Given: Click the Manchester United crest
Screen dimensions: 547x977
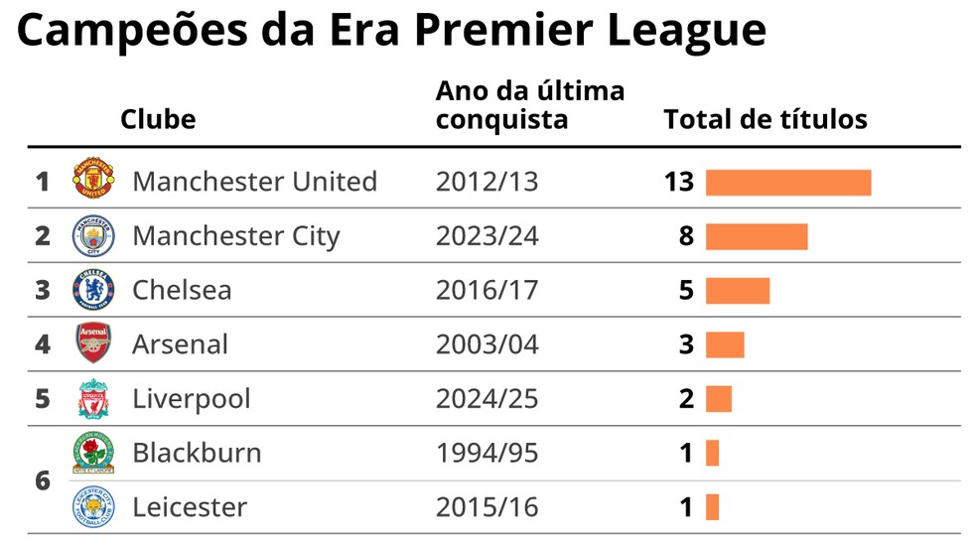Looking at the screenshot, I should (x=94, y=181).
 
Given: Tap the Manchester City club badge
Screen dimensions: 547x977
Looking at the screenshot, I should (x=94, y=235).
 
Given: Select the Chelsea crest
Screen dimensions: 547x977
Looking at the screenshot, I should (x=94, y=290).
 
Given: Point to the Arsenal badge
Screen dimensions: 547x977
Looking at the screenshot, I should (x=94, y=343).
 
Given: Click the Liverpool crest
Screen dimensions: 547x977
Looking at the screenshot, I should (x=94, y=398).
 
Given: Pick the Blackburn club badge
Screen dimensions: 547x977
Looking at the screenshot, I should (x=94, y=453).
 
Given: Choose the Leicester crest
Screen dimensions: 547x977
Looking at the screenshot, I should (x=94, y=507).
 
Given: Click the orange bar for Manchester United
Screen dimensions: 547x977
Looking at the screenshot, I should (x=788, y=183).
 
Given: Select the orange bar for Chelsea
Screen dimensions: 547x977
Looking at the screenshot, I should (x=738, y=291).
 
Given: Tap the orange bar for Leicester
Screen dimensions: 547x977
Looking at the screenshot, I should (x=712, y=507).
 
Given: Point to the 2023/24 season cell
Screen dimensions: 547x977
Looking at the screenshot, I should (x=487, y=236).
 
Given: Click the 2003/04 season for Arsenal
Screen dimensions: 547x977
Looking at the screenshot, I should (x=487, y=344).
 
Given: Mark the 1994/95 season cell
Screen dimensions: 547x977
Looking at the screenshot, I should (x=487, y=454).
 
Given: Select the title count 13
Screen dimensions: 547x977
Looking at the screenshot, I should (x=680, y=183).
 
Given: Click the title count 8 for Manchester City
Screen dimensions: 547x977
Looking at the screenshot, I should (x=686, y=236).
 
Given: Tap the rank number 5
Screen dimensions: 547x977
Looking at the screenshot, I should (x=42, y=399).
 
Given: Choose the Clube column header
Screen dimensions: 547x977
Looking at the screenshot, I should (x=158, y=120).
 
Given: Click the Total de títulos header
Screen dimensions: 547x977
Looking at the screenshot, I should (x=766, y=120).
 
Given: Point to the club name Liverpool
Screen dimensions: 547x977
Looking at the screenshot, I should (x=192, y=399).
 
